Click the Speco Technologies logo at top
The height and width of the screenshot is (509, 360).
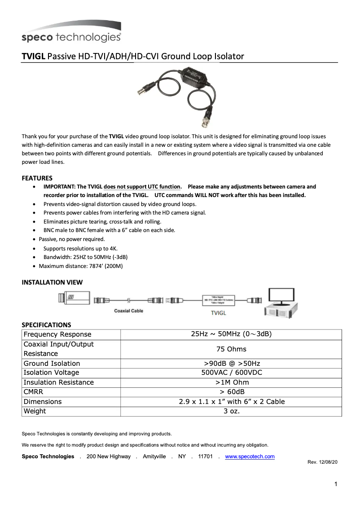click(71, 32)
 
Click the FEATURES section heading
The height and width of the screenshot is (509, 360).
click(37, 178)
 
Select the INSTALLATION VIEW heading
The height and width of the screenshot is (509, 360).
click(52, 282)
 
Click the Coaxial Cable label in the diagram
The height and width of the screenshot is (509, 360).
click(128, 311)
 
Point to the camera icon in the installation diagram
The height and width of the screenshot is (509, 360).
click(74, 298)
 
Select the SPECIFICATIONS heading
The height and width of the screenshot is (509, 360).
click(46, 325)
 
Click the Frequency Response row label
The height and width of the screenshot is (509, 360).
click(57, 334)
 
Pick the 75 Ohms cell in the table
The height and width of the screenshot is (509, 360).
click(231, 349)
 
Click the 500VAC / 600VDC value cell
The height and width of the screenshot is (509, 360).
click(231, 373)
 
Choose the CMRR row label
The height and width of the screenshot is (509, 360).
click(33, 392)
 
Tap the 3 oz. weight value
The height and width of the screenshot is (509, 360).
click(231, 411)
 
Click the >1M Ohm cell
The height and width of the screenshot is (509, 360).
click(231, 382)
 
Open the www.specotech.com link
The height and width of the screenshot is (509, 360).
click(250, 456)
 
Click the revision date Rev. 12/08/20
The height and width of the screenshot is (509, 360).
click(322, 462)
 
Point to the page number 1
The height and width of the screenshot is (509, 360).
click(336, 484)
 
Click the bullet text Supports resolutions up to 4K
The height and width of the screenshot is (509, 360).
click(80, 248)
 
